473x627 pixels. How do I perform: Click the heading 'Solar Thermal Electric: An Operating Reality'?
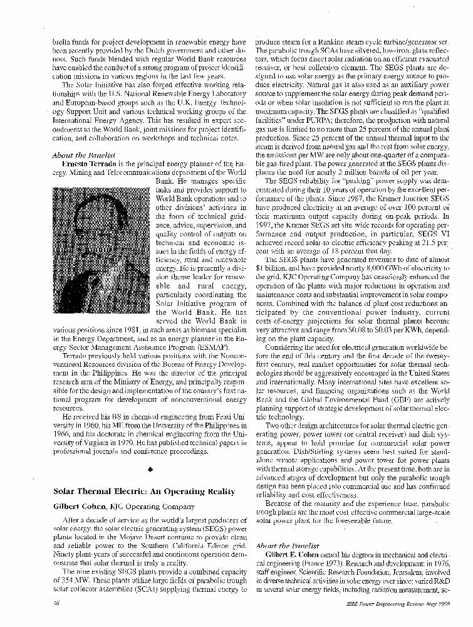[x=135, y=491]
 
